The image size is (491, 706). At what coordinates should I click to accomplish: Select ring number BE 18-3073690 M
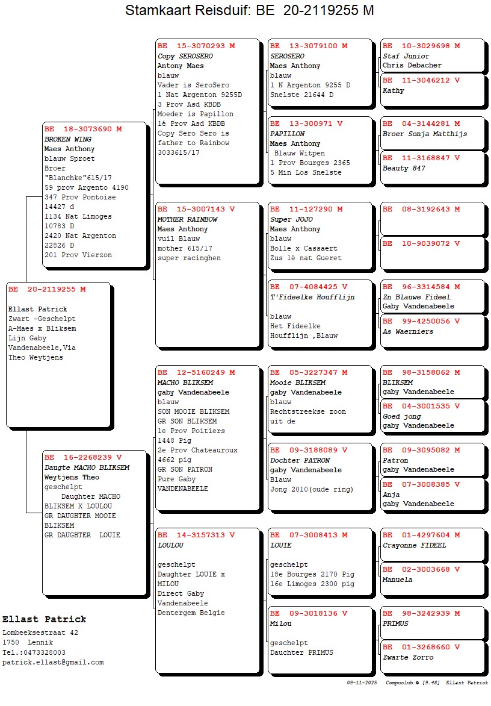pos(83,129)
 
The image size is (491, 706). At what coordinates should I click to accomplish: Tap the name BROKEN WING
pos(68,139)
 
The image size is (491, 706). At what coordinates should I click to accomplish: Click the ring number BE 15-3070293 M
pos(196,46)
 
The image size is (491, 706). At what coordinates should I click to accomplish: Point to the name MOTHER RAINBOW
pos(188,219)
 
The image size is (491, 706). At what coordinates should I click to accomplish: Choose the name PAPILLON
pos(288,134)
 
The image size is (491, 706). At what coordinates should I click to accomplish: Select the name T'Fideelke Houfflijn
pos(312,297)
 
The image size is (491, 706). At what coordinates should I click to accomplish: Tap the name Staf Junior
pos(406,56)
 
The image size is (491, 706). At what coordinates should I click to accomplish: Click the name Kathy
pos(394,90)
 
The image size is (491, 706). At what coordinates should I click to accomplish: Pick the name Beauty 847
pos(404,168)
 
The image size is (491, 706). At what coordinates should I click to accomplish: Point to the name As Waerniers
pos(408,331)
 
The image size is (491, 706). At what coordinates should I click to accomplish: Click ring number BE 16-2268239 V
pos(83,457)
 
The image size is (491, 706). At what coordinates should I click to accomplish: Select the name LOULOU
pos(170,545)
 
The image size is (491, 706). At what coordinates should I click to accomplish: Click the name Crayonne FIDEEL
pos(415,545)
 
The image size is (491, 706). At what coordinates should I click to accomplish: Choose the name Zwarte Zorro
pos(408,657)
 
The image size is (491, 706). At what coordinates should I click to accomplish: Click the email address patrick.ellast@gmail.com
pos(53,662)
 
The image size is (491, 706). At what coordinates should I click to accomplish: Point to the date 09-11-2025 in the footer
pos(362,683)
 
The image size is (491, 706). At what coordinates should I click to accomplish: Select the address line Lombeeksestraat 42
pos(40,633)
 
